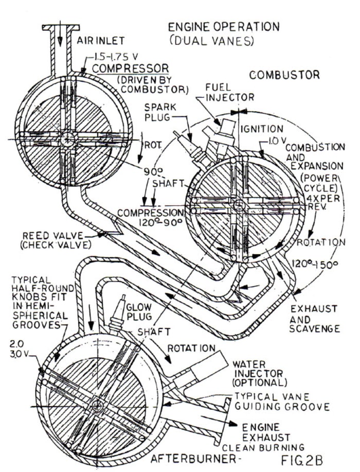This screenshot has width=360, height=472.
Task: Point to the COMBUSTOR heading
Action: tap(284, 75)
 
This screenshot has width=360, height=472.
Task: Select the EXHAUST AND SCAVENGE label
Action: tap(314, 319)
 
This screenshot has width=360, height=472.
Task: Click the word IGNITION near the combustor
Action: tap(265, 129)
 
